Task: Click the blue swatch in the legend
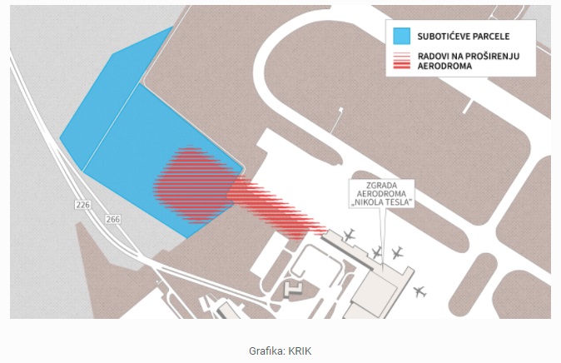(401, 36)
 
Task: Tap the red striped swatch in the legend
(401, 61)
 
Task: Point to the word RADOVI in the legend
(431, 57)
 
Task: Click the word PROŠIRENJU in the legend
(491, 57)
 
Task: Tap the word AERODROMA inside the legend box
(444, 66)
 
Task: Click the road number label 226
(82, 205)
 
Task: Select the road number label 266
(112, 219)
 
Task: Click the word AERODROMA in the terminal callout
(381, 194)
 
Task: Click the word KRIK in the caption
(300, 351)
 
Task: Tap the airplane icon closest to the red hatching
(348, 235)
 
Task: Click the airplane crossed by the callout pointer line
(376, 253)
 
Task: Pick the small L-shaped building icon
(293, 290)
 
